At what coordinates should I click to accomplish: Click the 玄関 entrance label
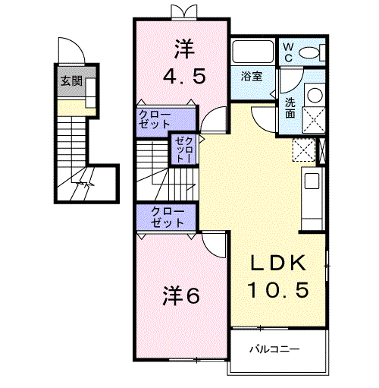click(x=72, y=81)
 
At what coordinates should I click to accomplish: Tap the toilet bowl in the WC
click(x=309, y=52)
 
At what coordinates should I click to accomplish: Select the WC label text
click(x=288, y=52)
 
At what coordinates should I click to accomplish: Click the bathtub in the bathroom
click(x=253, y=52)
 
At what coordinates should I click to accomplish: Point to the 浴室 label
click(x=252, y=76)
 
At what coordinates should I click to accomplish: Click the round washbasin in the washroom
click(x=315, y=95)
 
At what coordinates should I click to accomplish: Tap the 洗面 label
click(x=290, y=108)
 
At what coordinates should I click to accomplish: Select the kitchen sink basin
click(x=312, y=181)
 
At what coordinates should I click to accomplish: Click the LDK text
click(x=277, y=263)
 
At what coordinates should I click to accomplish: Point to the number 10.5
click(x=278, y=289)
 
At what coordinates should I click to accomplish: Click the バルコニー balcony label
click(x=274, y=349)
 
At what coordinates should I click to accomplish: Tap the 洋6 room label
click(x=181, y=295)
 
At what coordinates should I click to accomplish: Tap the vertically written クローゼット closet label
click(x=184, y=150)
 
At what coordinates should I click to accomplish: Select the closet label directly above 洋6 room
click(x=168, y=217)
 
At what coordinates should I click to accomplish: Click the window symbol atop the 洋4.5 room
click(x=183, y=12)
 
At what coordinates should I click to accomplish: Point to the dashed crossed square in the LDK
click(x=304, y=150)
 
